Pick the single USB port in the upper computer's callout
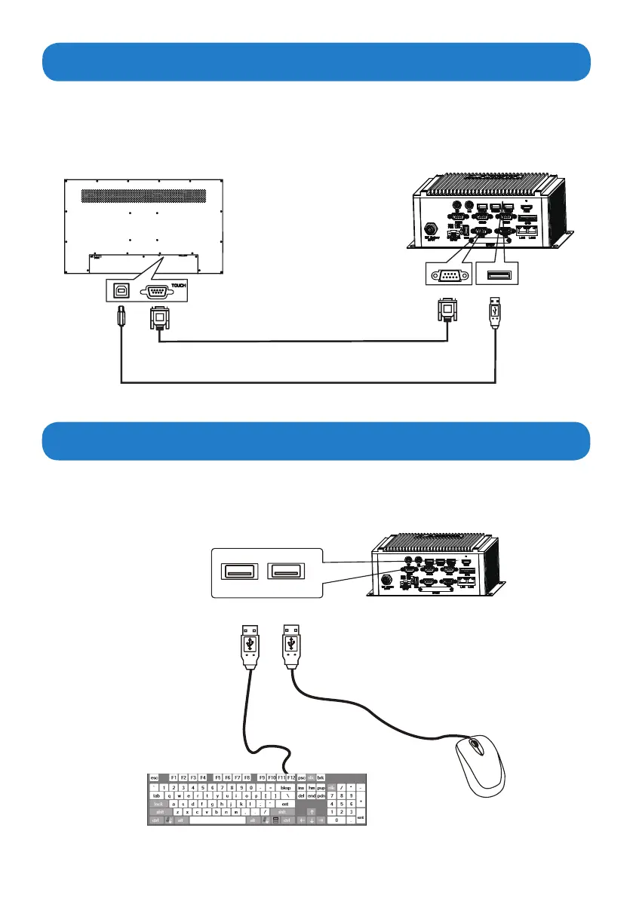(x=496, y=274)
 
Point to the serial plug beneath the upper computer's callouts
(x=447, y=311)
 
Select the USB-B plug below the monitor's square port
(x=120, y=316)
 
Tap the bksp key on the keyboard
(x=285, y=787)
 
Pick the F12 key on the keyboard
(x=290, y=777)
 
